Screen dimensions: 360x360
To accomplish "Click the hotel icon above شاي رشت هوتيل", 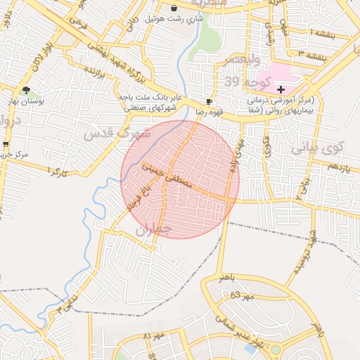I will [x=174, y=8].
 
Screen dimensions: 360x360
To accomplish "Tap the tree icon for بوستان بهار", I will [x=27, y=90].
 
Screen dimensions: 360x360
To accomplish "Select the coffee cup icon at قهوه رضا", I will [x=209, y=102].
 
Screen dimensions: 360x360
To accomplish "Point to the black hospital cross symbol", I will [x=281, y=89].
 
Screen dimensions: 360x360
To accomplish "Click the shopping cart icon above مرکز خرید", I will [x=6, y=144].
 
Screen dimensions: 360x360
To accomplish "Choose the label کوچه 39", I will [x=241, y=82].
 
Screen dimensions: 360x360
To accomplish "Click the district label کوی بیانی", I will [x=316, y=148].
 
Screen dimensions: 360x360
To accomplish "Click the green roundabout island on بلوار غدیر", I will [x=276, y=349].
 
